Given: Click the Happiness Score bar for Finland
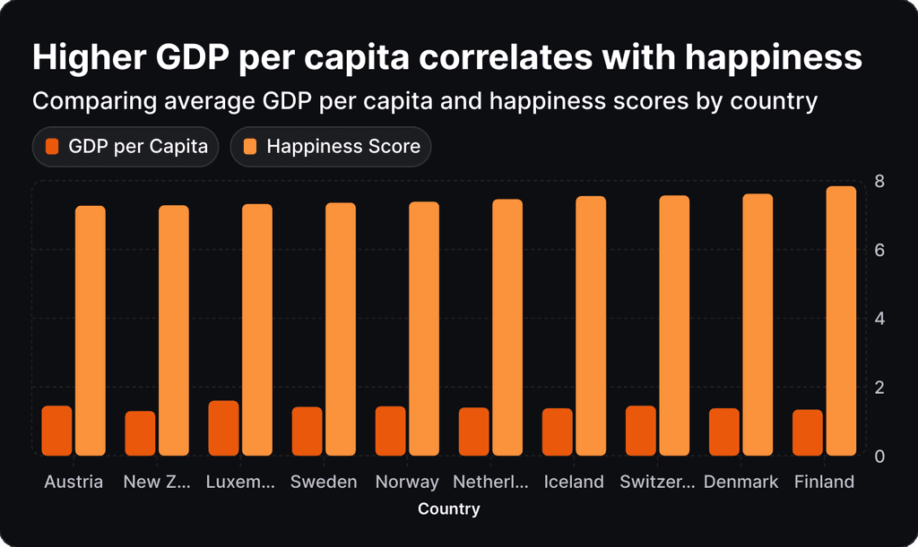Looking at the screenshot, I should (841, 321).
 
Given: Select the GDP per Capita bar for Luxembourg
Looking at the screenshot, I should (223, 428).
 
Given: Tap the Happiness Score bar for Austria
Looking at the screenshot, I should (90, 330).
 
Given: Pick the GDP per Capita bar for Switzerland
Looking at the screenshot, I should (640, 431).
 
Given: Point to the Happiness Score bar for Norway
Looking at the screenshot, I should (424, 329).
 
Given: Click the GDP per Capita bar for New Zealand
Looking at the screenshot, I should (140, 433).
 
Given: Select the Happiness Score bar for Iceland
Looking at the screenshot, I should (591, 325).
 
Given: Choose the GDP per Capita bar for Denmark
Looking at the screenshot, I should (724, 432).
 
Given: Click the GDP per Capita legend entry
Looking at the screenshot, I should (126, 147).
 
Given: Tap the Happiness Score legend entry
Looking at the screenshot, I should (331, 147).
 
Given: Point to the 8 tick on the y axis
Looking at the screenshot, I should (879, 182).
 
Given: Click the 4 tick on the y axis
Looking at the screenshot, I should (879, 319).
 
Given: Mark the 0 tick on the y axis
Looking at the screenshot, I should (879, 456).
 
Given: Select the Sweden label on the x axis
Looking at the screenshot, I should (324, 482).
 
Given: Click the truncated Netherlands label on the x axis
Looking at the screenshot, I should (490, 482).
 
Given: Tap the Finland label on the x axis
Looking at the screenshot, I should (824, 482).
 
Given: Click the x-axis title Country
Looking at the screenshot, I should (449, 509).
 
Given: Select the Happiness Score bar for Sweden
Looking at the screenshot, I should (341, 329).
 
